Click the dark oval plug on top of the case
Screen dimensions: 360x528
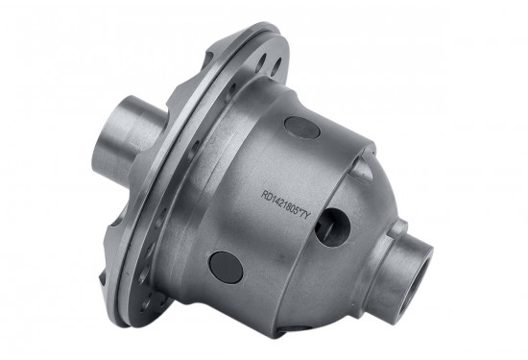[300, 127]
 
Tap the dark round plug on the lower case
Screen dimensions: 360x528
[227, 267]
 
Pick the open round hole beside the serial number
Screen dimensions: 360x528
[330, 228]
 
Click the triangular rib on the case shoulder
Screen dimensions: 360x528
[362, 170]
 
